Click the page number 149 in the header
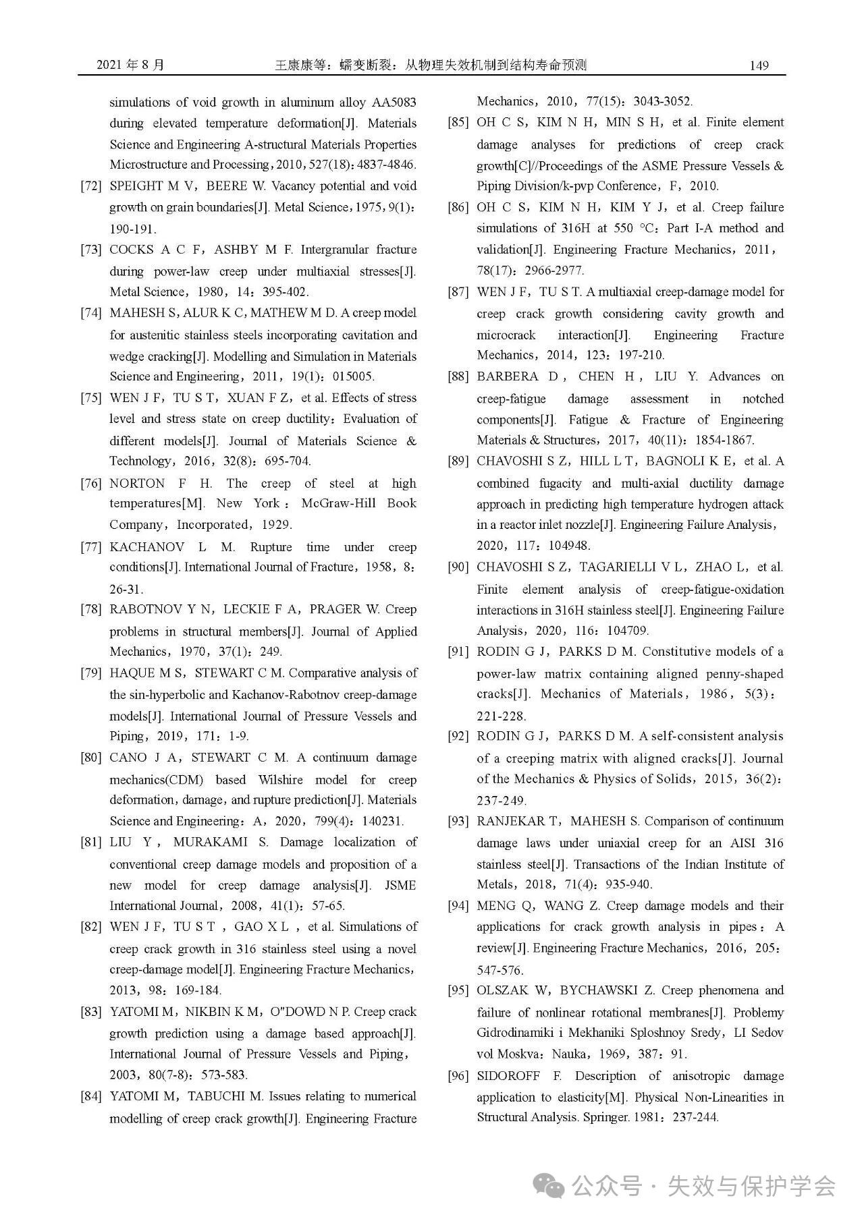(x=759, y=65)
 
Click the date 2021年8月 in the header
(x=130, y=65)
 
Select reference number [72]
(x=91, y=186)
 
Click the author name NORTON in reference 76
(x=137, y=483)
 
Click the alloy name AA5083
(x=394, y=103)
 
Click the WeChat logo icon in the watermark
(x=548, y=1185)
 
